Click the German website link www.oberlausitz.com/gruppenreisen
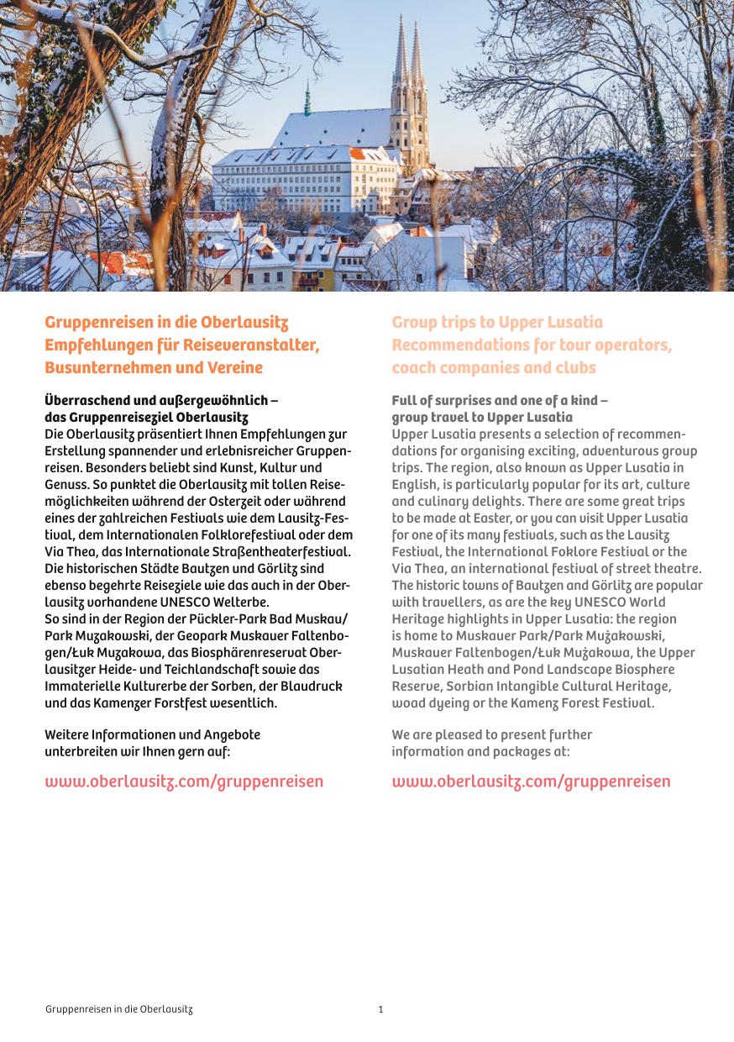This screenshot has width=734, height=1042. pyautogui.click(x=183, y=781)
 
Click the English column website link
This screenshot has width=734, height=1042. pyautogui.click(x=531, y=781)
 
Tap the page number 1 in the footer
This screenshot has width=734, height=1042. pyautogui.click(x=380, y=1009)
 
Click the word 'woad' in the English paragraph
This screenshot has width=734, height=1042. pyautogui.click(x=408, y=703)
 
